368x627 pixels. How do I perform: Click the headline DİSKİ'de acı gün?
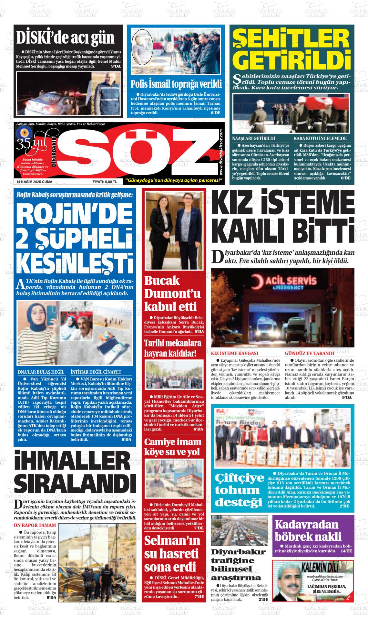coord(66,38)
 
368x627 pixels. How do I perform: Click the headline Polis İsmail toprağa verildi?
coord(176,84)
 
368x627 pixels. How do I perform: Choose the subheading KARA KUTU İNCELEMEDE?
coord(320,138)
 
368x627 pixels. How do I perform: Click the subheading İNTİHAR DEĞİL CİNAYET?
coord(96,372)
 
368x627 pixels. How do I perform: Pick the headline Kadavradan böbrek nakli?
coord(308,530)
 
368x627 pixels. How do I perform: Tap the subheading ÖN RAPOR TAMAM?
coord(35,525)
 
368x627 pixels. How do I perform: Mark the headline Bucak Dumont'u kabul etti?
coord(172,293)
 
